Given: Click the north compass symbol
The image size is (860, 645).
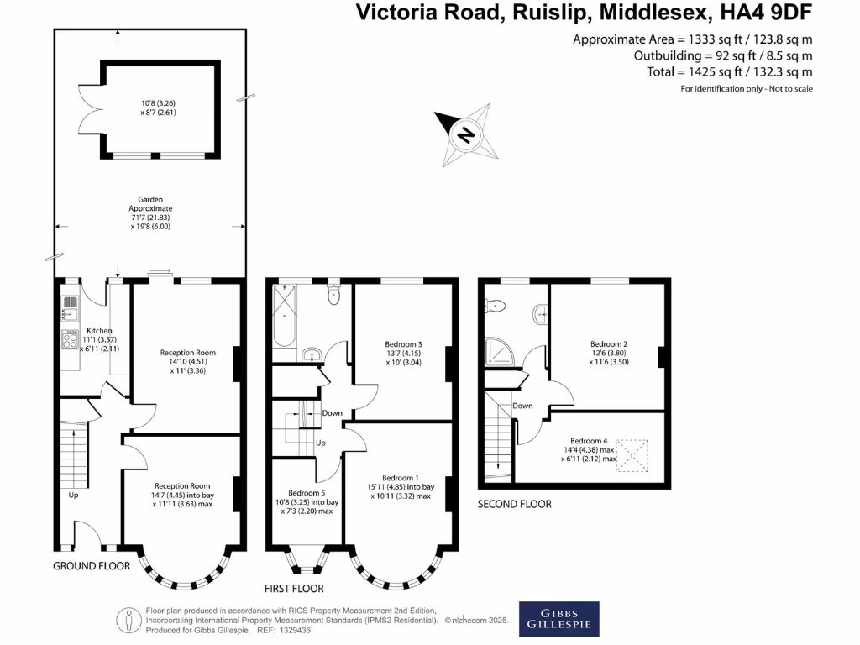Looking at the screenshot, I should [464, 134].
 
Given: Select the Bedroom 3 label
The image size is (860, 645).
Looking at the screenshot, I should [403, 344].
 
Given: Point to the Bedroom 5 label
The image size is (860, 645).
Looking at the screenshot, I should [307, 493].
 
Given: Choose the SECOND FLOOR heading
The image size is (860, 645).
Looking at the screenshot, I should [515, 504].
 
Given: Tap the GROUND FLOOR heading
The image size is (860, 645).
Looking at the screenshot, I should [92, 566].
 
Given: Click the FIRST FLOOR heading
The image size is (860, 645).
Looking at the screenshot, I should [294, 589].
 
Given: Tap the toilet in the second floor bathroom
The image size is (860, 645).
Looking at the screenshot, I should [496, 306].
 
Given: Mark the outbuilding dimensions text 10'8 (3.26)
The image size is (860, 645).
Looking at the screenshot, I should [158, 104].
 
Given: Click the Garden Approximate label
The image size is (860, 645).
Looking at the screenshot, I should [150, 203].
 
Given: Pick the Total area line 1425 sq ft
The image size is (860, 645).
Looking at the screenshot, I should [730, 71].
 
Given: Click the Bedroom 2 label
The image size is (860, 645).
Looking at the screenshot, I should [609, 344].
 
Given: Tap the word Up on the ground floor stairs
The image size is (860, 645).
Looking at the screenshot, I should [73, 495].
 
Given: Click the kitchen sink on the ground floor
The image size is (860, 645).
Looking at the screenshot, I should [69, 302].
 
